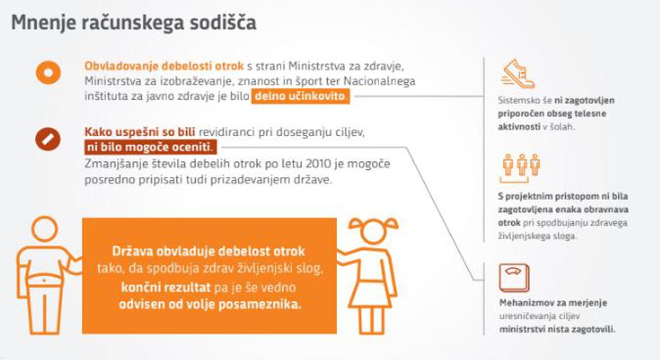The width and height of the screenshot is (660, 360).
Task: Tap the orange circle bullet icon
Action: coord(48,72)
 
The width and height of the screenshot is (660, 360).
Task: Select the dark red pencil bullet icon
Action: coord(48,138)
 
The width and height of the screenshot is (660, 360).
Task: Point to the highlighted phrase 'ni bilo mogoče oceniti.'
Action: coord(151,147)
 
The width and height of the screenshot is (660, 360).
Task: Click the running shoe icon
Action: coord(517,74)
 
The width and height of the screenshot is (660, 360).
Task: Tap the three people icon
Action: coord(521,166)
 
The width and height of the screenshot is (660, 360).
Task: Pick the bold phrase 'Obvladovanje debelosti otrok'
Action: coord(164,66)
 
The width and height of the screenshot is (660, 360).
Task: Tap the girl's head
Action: coord(371,235)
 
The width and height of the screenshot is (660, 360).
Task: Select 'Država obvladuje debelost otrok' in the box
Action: coord(209,251)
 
